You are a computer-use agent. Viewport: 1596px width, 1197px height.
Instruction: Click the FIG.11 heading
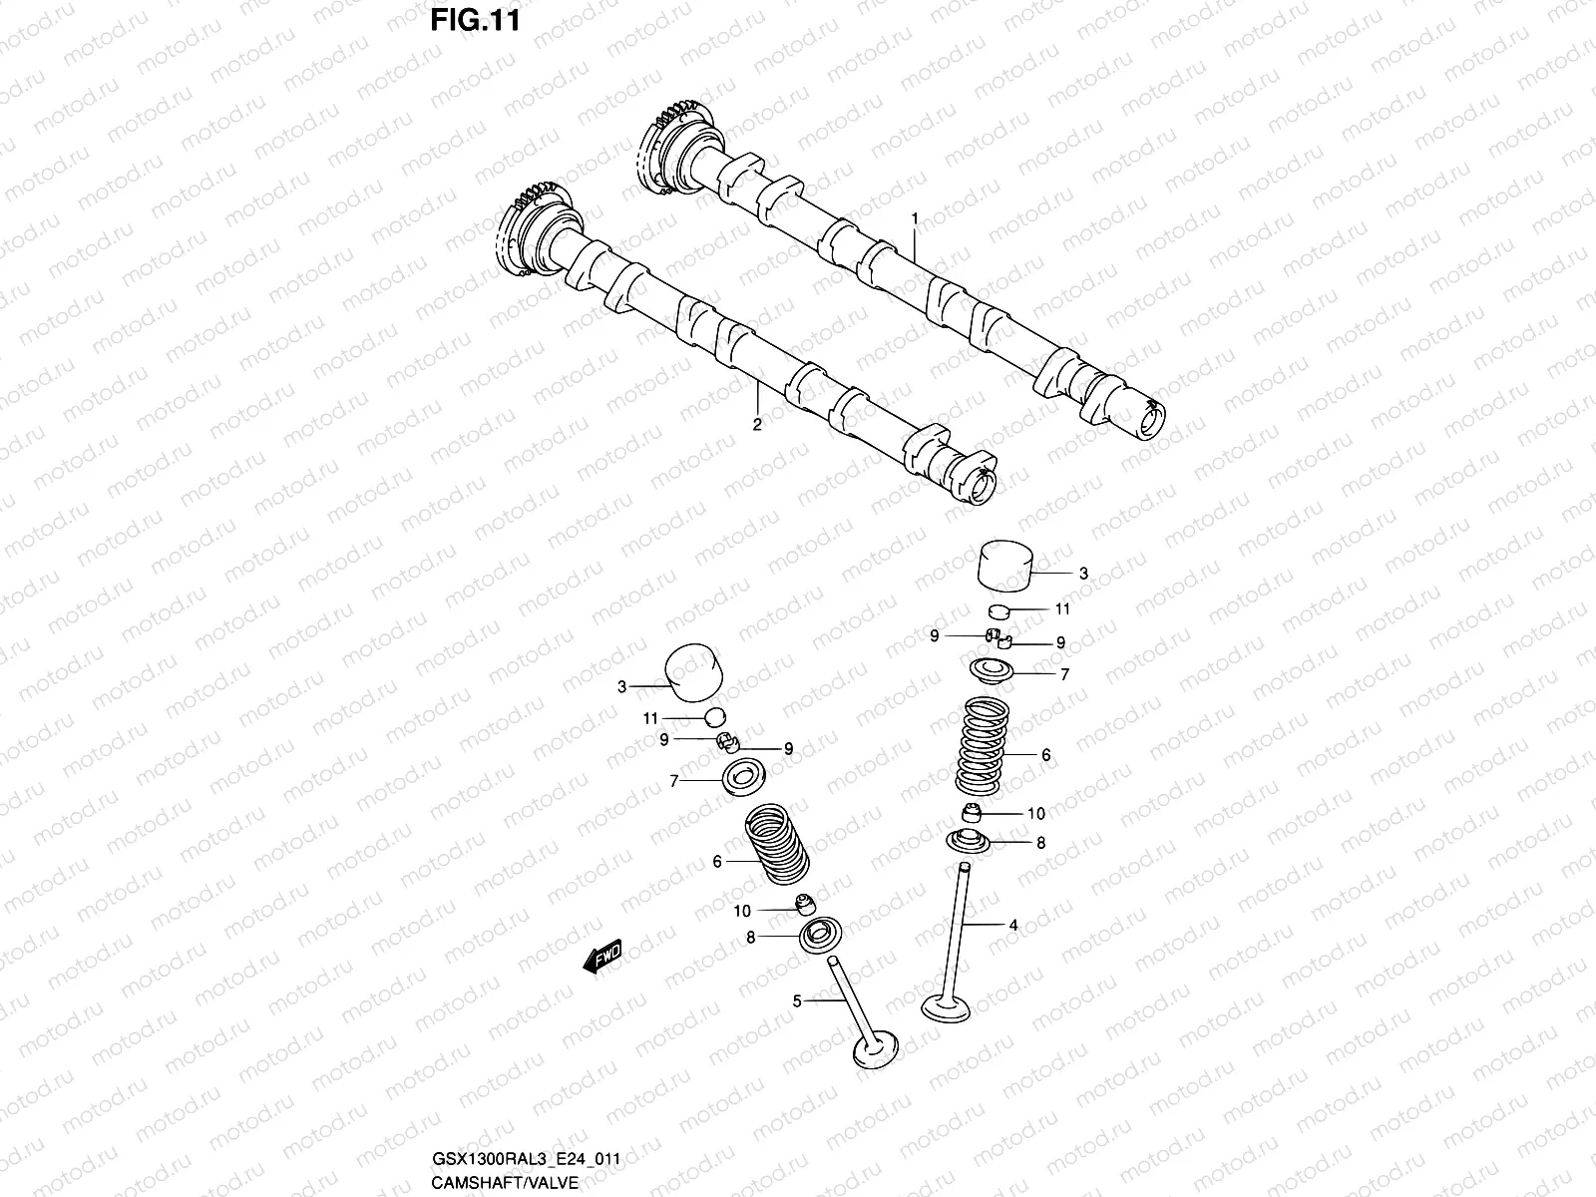[x=475, y=21]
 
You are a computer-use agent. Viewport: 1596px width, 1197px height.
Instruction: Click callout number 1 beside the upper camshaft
[x=914, y=217]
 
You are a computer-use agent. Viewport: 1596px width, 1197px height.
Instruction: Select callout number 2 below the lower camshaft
[x=756, y=425]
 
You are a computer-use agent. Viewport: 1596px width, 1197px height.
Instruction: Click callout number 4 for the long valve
[x=1013, y=926]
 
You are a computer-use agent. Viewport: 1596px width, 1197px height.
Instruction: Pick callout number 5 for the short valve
[x=797, y=1000]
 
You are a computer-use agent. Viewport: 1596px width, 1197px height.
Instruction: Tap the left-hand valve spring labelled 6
[x=777, y=849]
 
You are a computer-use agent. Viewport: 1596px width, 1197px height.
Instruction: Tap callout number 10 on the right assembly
[x=1036, y=814]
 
